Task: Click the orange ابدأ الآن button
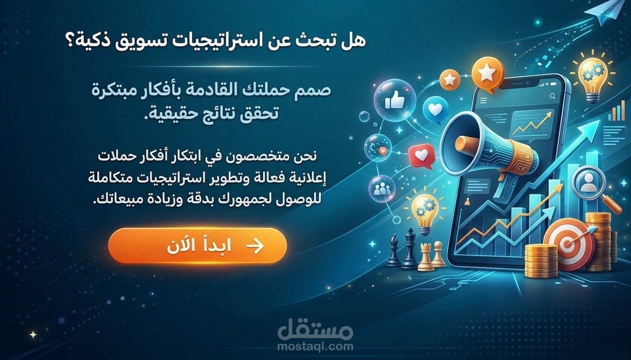(x=197, y=246)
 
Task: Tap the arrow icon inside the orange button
(x=255, y=246)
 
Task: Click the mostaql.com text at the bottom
(x=315, y=347)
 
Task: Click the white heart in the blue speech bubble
(x=435, y=109)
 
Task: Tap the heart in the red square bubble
(x=421, y=156)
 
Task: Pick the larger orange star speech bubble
(x=487, y=73)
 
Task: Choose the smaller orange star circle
(x=450, y=79)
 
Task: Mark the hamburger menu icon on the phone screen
(x=483, y=101)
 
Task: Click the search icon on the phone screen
(x=553, y=96)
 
